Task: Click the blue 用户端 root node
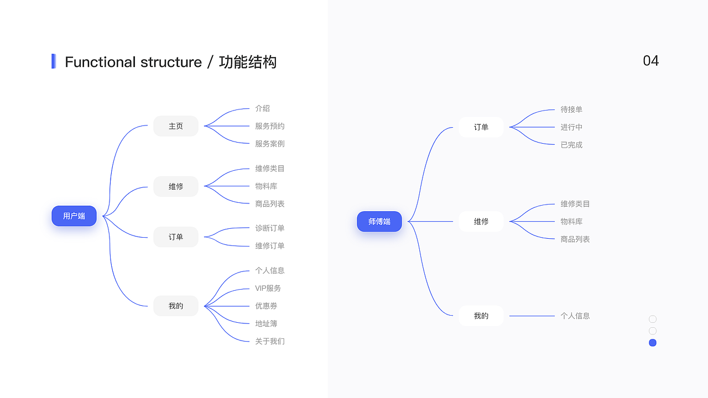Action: pyautogui.click(x=74, y=216)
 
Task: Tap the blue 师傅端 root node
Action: pyautogui.click(x=379, y=222)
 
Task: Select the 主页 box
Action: pyautogui.click(x=176, y=126)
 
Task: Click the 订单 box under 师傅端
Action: pyautogui.click(x=481, y=127)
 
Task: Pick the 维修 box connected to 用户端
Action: pyautogui.click(x=176, y=186)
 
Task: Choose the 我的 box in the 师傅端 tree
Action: pyautogui.click(x=481, y=316)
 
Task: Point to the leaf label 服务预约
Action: pyautogui.click(x=270, y=126)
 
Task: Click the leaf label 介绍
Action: pyautogui.click(x=263, y=108)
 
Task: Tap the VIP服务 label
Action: pyautogui.click(x=268, y=288)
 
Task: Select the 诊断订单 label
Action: pyautogui.click(x=270, y=228)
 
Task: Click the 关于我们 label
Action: pyautogui.click(x=270, y=341)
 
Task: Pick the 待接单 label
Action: pyautogui.click(x=571, y=109)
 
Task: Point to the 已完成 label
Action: pyautogui.click(x=571, y=145)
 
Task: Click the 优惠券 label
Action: pyautogui.click(x=267, y=306)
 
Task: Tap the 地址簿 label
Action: pyautogui.click(x=267, y=323)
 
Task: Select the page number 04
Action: pyautogui.click(x=651, y=61)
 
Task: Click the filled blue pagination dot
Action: pyautogui.click(x=653, y=343)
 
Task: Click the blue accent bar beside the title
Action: pyautogui.click(x=54, y=61)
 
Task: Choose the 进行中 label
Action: pyautogui.click(x=571, y=127)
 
